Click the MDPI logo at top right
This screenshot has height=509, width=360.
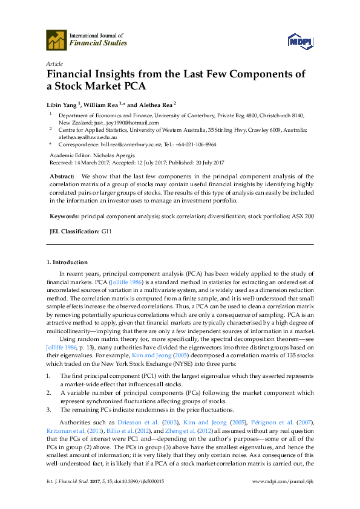(x=300, y=40)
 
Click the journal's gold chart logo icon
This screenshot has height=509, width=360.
(x=56, y=40)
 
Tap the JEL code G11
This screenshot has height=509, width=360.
(x=106, y=232)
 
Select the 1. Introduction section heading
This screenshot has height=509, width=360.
(x=67, y=262)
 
